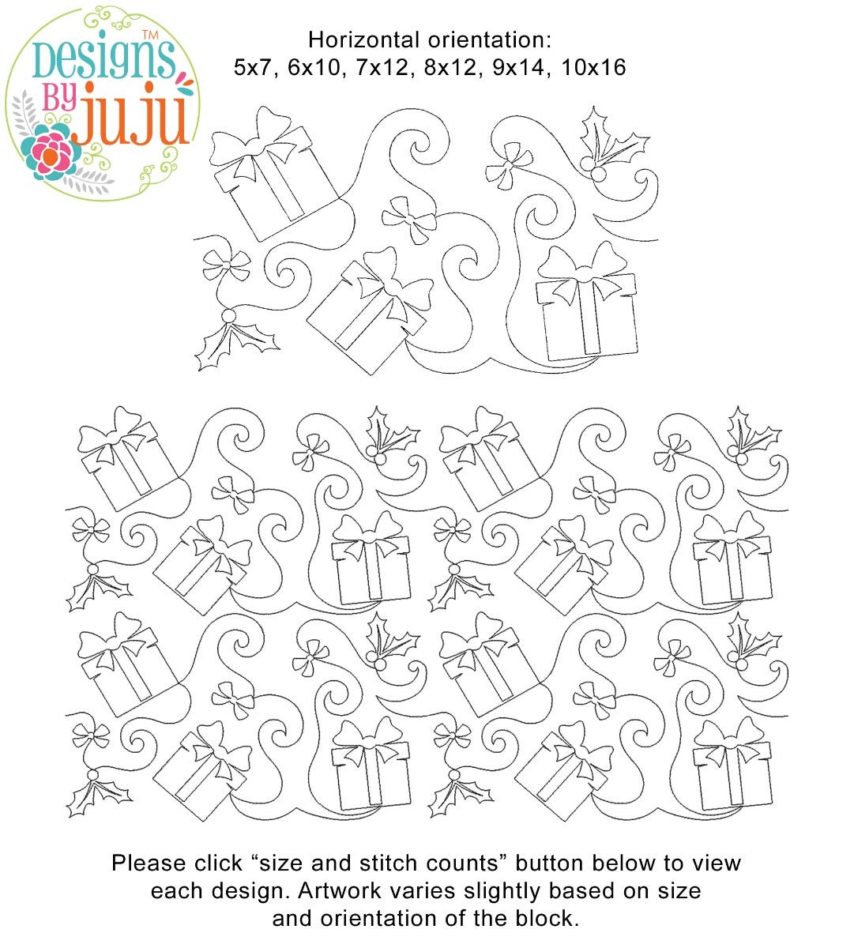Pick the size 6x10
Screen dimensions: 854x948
point(314,67)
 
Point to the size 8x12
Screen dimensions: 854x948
point(450,67)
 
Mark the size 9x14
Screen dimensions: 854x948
point(518,67)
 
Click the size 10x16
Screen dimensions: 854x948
point(593,67)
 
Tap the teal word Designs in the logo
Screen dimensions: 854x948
point(104,62)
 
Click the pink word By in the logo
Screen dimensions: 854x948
point(59,98)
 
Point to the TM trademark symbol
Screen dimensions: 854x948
point(150,35)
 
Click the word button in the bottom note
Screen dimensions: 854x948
point(550,863)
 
